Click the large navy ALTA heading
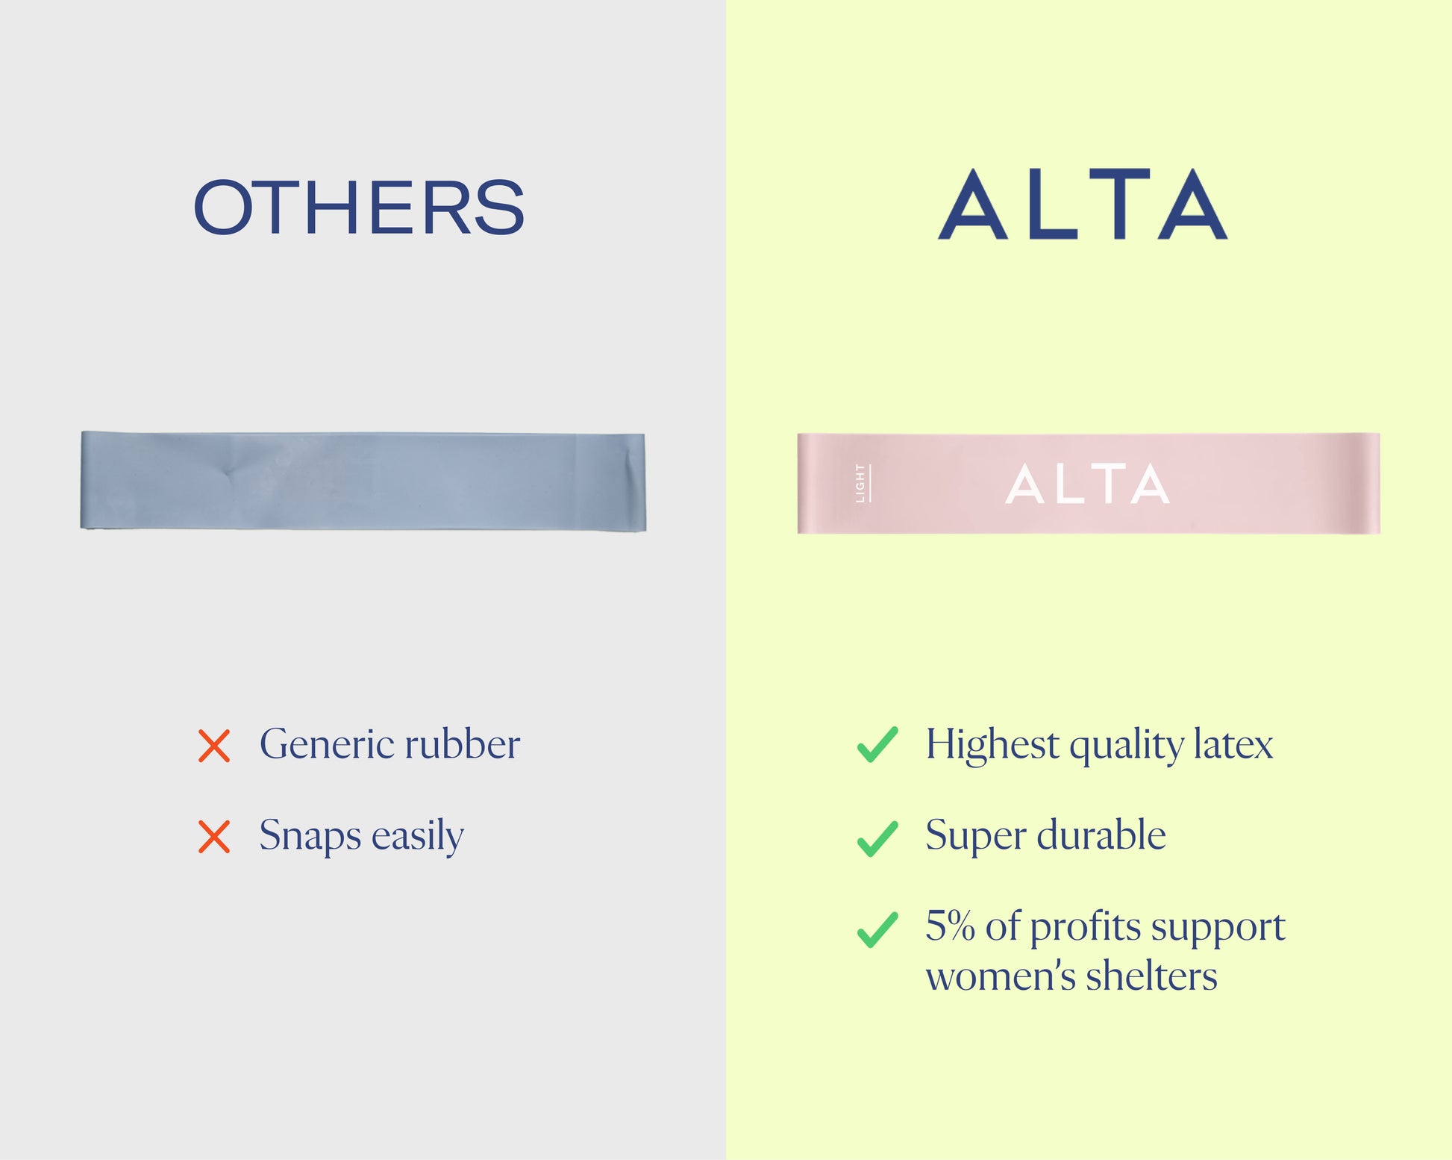click(x=1083, y=203)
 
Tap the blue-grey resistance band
click(x=363, y=481)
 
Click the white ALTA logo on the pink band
click(x=1088, y=484)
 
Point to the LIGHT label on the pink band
click(x=861, y=483)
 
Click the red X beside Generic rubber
click(x=214, y=746)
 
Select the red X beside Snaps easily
click(x=214, y=837)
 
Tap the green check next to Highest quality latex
click(x=877, y=744)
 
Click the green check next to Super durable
click(x=877, y=838)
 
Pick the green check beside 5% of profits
click(x=877, y=929)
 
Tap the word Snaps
click(x=310, y=836)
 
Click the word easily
click(x=418, y=837)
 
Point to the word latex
click(x=1233, y=744)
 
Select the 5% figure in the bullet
click(x=950, y=926)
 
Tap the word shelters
click(x=1151, y=976)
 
